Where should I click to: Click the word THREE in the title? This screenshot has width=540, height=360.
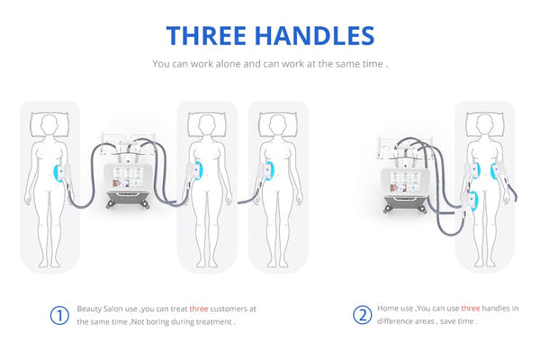click(206, 36)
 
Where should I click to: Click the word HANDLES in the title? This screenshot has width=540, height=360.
click(314, 36)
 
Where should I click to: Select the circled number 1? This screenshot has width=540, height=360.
click(59, 315)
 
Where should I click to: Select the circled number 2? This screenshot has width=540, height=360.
click(363, 315)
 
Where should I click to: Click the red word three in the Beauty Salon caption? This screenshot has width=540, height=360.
click(199, 309)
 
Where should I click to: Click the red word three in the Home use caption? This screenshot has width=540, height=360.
click(471, 309)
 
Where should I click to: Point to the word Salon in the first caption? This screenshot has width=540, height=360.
click(114, 309)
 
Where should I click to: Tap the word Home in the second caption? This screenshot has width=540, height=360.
click(386, 309)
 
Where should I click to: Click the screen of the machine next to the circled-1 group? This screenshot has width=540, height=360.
click(127, 177)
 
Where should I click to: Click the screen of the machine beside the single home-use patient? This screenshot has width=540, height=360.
click(405, 182)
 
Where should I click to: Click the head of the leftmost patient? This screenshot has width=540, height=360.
click(49, 124)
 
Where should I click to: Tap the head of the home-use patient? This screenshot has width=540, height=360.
click(484, 124)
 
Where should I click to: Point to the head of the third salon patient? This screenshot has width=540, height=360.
click(277, 124)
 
